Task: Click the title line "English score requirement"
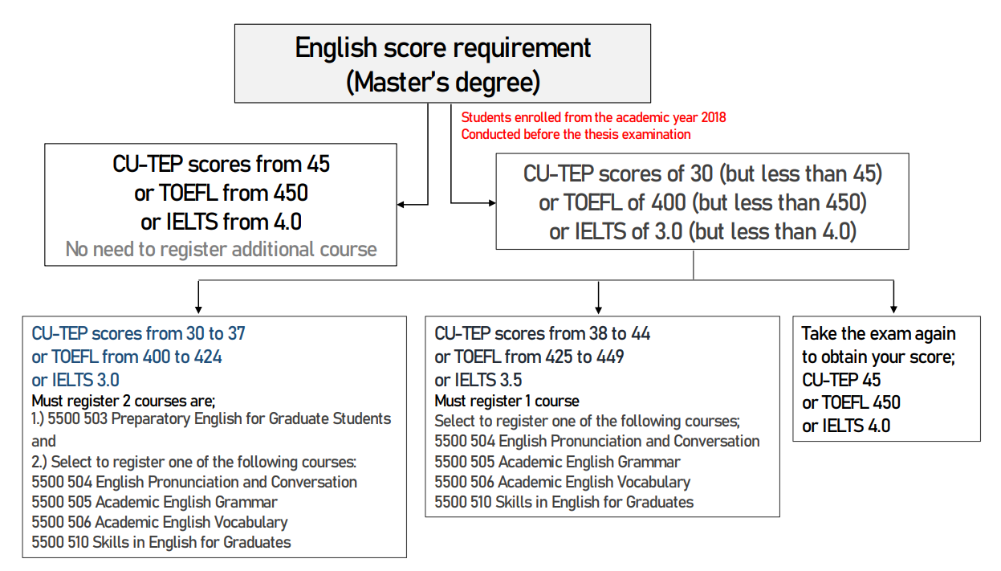point(443,49)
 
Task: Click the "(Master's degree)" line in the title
point(443,82)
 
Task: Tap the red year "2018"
point(713,117)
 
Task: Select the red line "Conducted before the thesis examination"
point(576,134)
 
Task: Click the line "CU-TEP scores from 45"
point(222,164)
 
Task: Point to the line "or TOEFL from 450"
point(222,194)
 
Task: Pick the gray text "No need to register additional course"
point(222,250)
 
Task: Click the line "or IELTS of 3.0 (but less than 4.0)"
point(702,231)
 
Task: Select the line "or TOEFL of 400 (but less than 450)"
point(702,202)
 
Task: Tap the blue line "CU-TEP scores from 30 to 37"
point(139,333)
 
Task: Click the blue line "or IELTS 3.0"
point(75,380)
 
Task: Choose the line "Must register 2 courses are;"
point(124,401)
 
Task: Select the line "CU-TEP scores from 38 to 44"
point(542,333)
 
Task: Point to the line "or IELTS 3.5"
point(478,380)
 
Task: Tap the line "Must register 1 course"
point(507,401)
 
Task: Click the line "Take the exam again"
point(878,333)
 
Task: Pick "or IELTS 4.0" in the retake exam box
point(846,426)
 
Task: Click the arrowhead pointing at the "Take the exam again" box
point(893,309)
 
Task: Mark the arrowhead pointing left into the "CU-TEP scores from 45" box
point(401,204)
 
